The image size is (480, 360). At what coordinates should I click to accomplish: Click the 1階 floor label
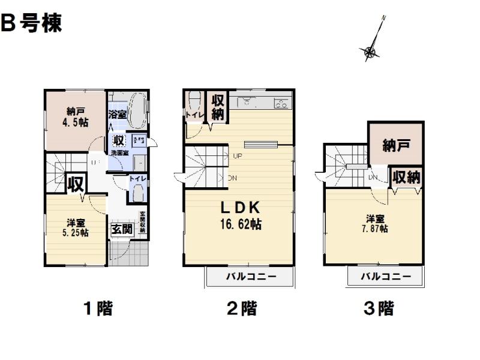tap(97, 309)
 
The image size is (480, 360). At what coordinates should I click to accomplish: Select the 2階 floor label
tap(242, 309)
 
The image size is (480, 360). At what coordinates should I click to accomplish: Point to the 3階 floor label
tap(379, 309)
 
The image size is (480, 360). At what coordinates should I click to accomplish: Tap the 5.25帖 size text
tap(77, 233)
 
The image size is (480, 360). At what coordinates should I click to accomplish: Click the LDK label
tap(239, 208)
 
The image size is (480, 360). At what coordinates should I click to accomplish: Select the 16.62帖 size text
tap(239, 225)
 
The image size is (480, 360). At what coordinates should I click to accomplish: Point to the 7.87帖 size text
tap(376, 229)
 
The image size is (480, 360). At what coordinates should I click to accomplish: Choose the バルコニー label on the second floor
tap(251, 277)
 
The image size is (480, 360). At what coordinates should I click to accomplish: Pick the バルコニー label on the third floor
tap(386, 277)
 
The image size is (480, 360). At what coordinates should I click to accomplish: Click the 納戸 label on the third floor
tap(396, 145)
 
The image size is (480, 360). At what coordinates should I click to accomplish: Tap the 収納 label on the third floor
tap(406, 177)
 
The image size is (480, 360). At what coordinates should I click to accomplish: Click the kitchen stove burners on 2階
tap(281, 103)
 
